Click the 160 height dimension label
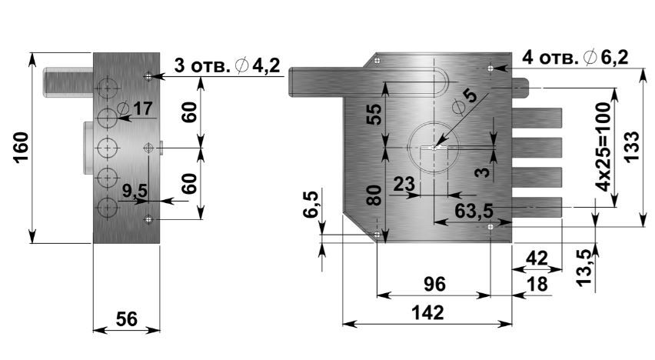pos(21,147)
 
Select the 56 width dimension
pos(127,319)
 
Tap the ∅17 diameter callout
pos(135,108)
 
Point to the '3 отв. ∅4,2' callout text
pos(227,65)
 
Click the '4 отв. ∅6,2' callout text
pos(575,57)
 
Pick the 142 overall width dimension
pos(427,313)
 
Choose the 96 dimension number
pos(435,285)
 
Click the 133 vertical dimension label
pos(632,146)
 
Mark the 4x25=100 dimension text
pos(603,148)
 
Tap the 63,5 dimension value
pos(474,211)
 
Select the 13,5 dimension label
pos(585,268)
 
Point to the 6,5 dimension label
pos(311,204)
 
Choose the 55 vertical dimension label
pos(374,115)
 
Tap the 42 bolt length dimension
pos(537,258)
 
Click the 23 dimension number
pos(404,184)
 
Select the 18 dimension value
pos(537,285)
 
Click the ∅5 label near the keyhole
pos(464,102)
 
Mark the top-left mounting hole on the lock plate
pos(377,61)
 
